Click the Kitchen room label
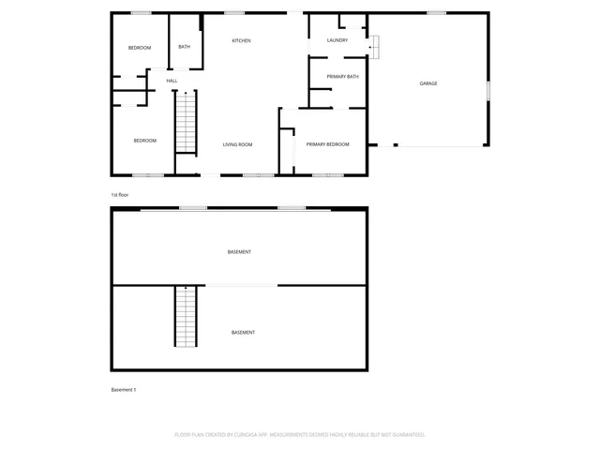[242, 40]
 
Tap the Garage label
[428, 83]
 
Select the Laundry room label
[337, 40]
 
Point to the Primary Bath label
[342, 76]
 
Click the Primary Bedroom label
[327, 143]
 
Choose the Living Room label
[237, 144]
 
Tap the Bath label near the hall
[184, 47]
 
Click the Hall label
[172, 81]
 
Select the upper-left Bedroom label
[140, 48]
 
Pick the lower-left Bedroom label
[144, 141]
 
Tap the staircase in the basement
[186, 316]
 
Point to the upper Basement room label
[239, 252]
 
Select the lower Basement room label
[243, 333]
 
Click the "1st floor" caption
[119, 194]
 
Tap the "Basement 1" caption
[123, 389]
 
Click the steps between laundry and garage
[374, 44]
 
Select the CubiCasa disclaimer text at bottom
[300, 435]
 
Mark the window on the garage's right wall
[488, 90]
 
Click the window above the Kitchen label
[234, 12]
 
